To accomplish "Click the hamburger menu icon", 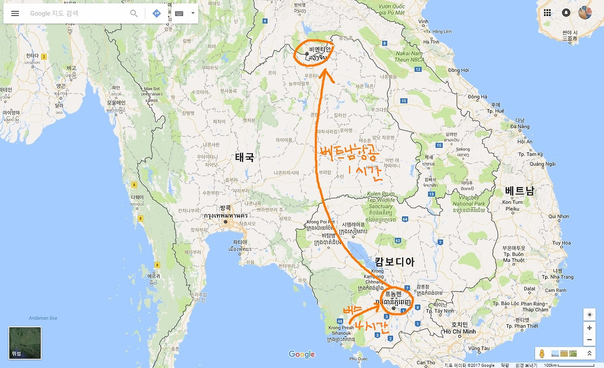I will click(15, 13).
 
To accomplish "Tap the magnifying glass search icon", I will click(134, 13).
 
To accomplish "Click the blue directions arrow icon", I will click(157, 13).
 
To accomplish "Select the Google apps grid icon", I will click(547, 13).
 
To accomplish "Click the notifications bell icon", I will click(566, 13).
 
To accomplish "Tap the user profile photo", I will click(585, 13).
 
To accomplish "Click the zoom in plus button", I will click(589, 328).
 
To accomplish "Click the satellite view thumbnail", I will click(25, 343).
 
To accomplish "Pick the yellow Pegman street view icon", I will click(543, 353).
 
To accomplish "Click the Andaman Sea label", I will click(43, 318).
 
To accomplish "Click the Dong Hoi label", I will click(458, 70).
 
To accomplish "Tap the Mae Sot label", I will click(152, 89).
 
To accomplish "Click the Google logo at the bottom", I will click(302, 354).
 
